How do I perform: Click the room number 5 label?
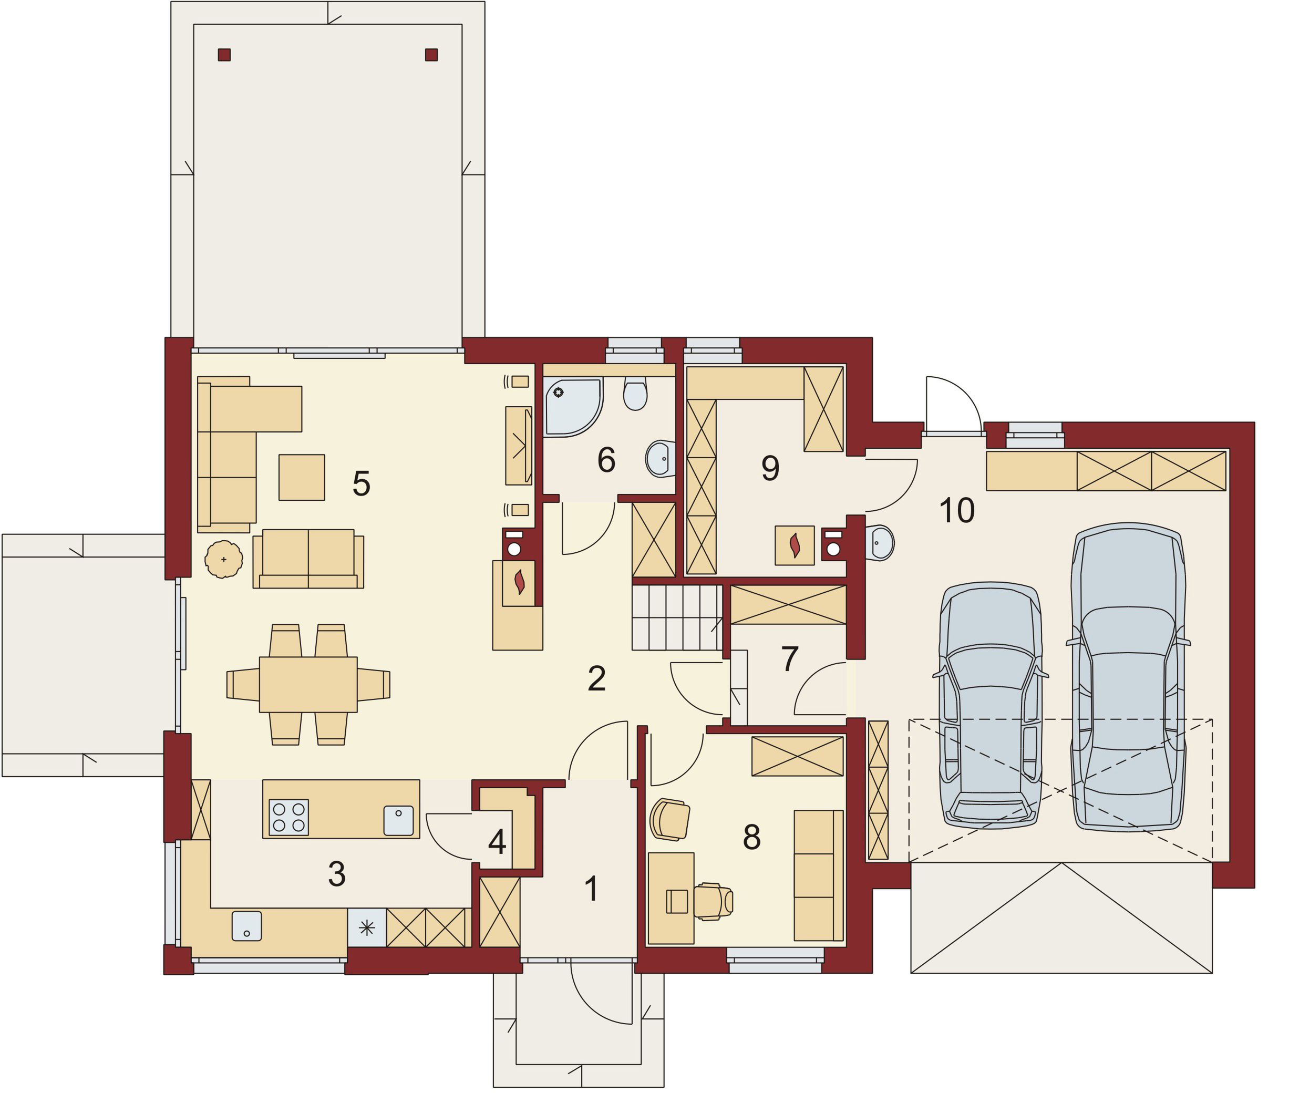[362, 483]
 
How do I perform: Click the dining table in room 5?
[308, 684]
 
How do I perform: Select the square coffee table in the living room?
[302, 477]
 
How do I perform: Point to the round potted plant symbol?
[224, 559]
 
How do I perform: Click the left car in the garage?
[991, 705]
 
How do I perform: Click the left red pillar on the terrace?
[224, 55]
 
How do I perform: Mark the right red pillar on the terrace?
[431, 55]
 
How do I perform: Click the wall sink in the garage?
[880, 543]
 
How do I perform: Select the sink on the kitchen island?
[398, 820]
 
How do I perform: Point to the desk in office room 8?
[671, 899]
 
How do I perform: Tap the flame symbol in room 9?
[795, 545]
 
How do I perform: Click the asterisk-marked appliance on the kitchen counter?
[367, 927]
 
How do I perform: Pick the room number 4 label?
[497, 841]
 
